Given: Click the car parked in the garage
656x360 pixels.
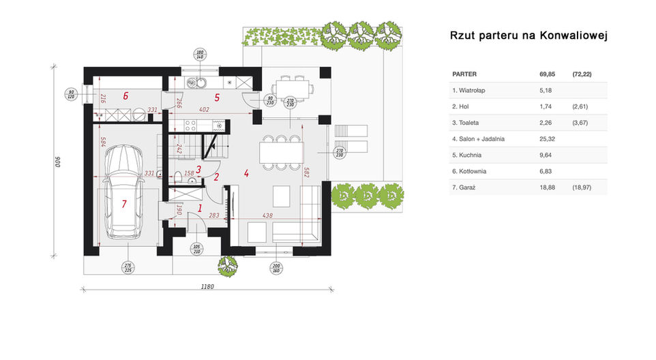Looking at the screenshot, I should point(123,192).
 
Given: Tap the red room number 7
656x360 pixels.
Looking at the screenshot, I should point(125,203).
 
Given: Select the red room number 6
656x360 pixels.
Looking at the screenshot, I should point(126,96).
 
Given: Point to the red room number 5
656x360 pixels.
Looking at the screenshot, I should point(217,97).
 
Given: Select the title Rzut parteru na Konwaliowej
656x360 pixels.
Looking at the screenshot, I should point(528,35).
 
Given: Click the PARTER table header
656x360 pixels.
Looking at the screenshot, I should point(464,74).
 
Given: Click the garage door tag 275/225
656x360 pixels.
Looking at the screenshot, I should point(128,267).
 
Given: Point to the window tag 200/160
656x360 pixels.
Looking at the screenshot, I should point(276,267).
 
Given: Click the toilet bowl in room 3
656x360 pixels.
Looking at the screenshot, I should point(179,179).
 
